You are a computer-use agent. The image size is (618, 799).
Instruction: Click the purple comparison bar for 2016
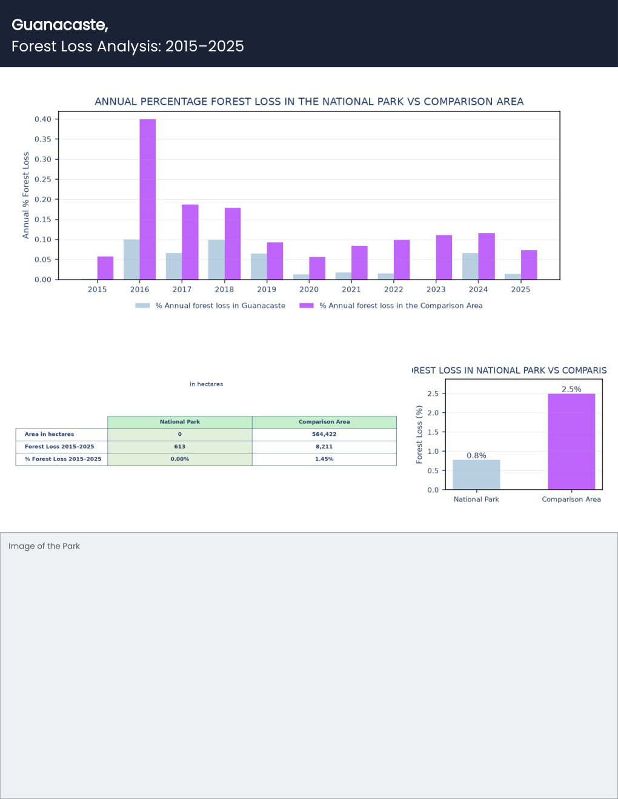click(148, 199)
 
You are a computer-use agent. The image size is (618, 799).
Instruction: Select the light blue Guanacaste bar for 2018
click(216, 260)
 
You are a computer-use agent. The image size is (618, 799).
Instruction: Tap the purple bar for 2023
click(444, 257)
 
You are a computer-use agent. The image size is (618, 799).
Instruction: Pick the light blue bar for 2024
click(470, 266)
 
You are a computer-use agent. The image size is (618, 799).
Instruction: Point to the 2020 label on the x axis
click(309, 289)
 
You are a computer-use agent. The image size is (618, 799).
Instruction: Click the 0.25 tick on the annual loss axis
click(42, 179)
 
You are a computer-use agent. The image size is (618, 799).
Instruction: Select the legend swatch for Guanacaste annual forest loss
click(142, 306)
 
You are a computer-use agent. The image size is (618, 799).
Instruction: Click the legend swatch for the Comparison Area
click(307, 306)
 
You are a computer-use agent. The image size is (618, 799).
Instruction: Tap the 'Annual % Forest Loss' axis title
click(25, 196)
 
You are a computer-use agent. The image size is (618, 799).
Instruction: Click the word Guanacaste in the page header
click(59, 25)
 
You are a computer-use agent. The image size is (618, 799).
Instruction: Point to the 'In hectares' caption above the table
click(206, 384)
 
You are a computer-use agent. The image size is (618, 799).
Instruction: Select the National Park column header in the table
click(179, 422)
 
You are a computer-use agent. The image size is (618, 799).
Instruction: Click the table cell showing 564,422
click(324, 434)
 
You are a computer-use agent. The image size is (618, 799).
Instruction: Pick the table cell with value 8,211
click(324, 447)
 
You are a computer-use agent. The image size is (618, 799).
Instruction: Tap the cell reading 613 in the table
click(179, 447)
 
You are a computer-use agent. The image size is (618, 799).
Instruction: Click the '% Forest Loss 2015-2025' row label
click(63, 459)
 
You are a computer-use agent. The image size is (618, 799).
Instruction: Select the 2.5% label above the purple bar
click(571, 389)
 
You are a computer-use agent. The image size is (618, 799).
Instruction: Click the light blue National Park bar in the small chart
click(476, 475)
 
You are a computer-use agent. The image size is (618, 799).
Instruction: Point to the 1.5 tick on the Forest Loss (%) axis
click(433, 432)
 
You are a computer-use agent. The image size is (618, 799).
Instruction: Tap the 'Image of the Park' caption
click(44, 547)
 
